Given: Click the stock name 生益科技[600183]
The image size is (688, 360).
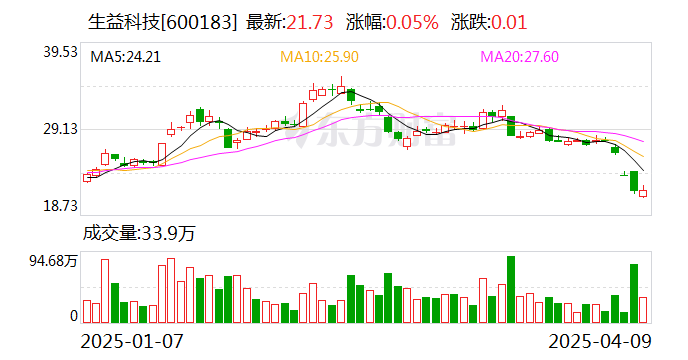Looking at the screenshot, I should click(158, 22).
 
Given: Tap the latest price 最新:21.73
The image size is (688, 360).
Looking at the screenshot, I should click(290, 22).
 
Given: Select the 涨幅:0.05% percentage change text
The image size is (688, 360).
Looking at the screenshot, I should click(392, 22).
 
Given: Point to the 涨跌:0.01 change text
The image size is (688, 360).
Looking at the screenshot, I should click(489, 22).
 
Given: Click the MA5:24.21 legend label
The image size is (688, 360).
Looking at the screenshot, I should click(125, 58).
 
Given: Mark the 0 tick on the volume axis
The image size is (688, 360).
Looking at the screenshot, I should click(73, 316).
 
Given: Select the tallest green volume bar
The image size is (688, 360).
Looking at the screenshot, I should click(511, 289).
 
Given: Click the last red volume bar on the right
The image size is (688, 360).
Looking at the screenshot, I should click(643, 309).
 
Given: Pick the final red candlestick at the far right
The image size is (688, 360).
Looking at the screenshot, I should click(643, 193).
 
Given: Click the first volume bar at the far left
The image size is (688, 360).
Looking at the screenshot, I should click(87, 311).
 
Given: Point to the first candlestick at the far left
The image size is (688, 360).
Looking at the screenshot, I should click(87, 177).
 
